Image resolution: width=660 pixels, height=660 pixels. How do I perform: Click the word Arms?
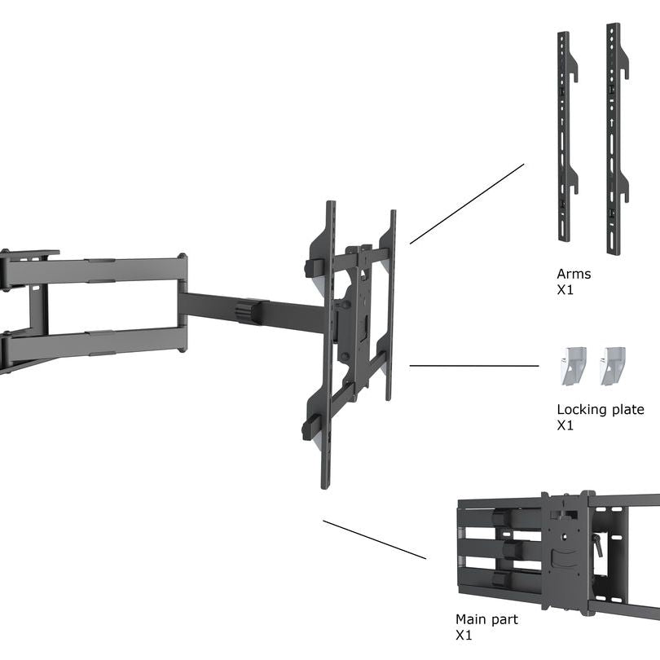(574, 274)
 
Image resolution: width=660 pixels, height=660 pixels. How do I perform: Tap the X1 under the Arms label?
(565, 290)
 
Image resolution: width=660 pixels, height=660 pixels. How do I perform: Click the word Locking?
(582, 410)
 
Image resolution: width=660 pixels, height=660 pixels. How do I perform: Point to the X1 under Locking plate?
(565, 425)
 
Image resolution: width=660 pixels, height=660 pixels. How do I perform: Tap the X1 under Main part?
(464, 636)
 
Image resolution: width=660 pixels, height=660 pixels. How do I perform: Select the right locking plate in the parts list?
(612, 366)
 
